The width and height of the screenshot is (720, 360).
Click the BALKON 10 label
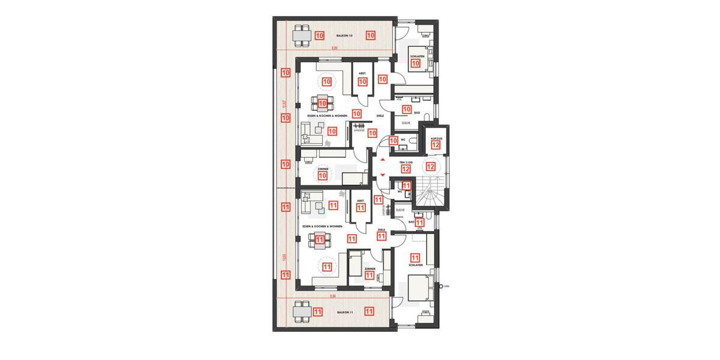(x=344, y=36)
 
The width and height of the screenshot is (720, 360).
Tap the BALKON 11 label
(x=344, y=313)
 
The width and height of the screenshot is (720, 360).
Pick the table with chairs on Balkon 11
(x=302, y=311)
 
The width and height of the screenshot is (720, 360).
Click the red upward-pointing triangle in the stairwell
(x=382, y=160)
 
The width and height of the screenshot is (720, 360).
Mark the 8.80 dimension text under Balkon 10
(x=336, y=49)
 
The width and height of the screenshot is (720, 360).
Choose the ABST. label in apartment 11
(x=361, y=200)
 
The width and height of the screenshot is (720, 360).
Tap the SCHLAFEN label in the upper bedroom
(x=417, y=56)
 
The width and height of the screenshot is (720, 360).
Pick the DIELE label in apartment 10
(x=380, y=115)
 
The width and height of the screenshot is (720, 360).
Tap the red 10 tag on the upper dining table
(x=322, y=103)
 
